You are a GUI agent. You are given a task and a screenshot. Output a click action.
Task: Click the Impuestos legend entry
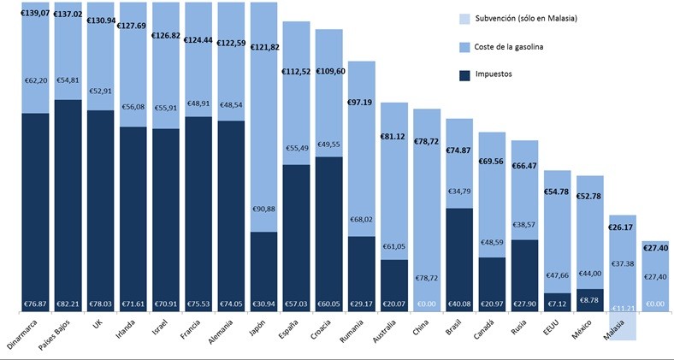point(512,74)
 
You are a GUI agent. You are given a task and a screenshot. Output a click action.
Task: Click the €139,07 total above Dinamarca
point(35,15)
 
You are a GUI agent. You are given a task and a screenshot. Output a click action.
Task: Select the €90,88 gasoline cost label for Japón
point(264,210)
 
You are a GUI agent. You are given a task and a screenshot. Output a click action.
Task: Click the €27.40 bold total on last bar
point(655,248)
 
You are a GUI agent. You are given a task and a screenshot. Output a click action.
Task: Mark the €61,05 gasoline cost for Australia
point(394,245)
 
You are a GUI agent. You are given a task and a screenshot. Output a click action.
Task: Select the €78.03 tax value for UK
point(100,304)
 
